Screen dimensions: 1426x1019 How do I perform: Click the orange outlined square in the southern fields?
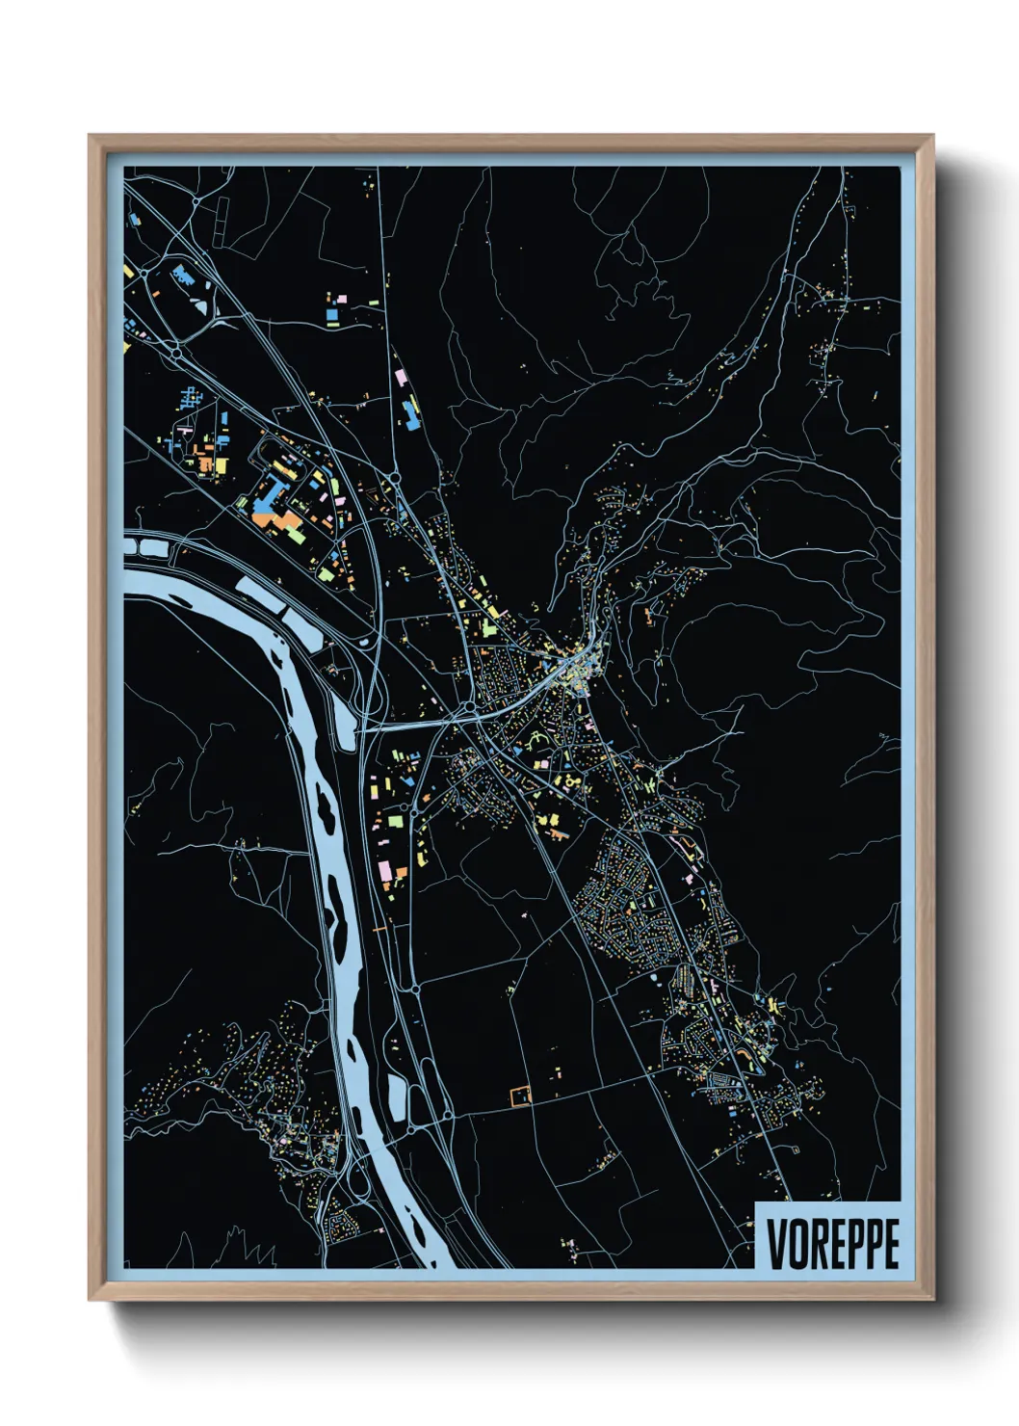[x=519, y=1096]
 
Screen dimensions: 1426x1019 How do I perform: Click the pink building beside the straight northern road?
[x=399, y=377]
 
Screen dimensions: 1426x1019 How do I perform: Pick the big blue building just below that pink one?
[x=410, y=414]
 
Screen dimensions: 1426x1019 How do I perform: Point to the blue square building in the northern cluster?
[x=332, y=315]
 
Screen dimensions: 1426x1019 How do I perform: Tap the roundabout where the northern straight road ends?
[x=393, y=477]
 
